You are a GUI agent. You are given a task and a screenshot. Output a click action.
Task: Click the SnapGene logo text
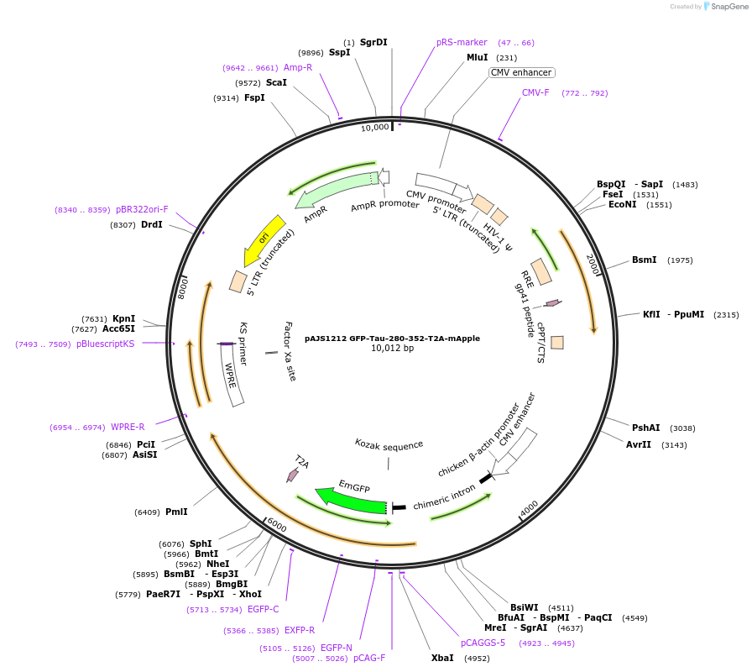pyautogui.click(x=726, y=7)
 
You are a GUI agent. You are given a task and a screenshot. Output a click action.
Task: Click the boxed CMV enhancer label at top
pyautogui.click(x=521, y=73)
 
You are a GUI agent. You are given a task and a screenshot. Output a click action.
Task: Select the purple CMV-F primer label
pyautogui.click(x=535, y=92)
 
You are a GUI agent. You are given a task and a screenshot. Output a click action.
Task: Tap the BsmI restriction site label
pyautogui.click(x=645, y=260)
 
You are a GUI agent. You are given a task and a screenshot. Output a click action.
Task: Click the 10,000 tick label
pyautogui.click(x=375, y=127)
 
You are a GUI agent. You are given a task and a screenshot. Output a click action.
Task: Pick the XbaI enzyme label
pyautogui.click(x=442, y=658)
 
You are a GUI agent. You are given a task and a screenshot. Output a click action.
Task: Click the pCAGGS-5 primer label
pyautogui.click(x=483, y=643)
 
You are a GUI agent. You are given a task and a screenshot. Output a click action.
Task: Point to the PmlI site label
pyautogui.click(x=176, y=512)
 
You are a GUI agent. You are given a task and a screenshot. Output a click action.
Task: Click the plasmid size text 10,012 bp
pyautogui.click(x=392, y=348)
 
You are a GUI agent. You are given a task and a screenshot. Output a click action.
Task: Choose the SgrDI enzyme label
pyautogui.click(x=373, y=42)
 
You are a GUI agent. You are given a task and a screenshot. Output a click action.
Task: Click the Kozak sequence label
pyautogui.click(x=389, y=444)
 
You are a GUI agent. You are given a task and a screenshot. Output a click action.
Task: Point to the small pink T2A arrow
pyautogui.click(x=293, y=475)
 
